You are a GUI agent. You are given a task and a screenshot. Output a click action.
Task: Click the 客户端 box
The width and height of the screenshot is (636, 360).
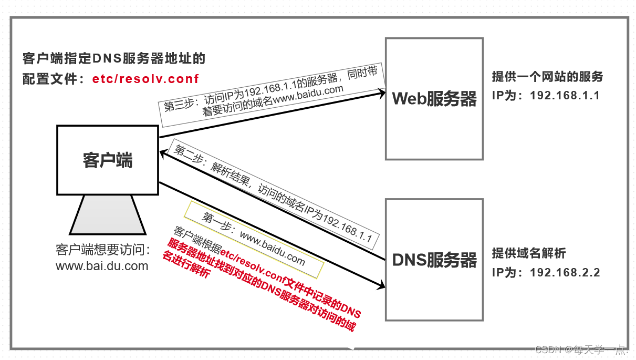[x=108, y=160]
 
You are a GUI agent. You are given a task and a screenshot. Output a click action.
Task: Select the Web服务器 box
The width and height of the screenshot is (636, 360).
[x=434, y=98]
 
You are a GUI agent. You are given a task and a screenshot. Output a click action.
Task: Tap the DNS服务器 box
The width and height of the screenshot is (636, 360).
[x=434, y=260]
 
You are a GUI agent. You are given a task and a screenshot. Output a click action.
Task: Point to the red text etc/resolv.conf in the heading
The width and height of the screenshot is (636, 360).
[x=145, y=79]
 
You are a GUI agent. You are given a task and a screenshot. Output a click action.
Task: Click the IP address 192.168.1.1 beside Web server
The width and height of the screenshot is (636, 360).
[x=565, y=96]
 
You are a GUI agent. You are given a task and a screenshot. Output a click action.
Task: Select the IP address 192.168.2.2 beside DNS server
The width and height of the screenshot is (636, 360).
[x=565, y=272]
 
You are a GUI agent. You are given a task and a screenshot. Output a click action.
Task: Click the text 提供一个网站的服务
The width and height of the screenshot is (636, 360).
[x=547, y=77]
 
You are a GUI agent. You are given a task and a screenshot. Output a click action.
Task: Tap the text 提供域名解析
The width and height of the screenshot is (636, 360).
[x=528, y=253]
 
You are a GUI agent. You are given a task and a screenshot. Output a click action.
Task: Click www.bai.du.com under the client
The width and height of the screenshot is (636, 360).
[x=102, y=266]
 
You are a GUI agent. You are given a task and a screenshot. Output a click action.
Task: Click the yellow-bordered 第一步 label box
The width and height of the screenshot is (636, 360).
[x=254, y=239]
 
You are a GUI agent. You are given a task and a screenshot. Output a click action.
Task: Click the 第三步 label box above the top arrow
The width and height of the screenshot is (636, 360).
[x=272, y=95]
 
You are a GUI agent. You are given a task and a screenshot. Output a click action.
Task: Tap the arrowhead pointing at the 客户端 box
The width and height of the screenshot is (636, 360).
[x=164, y=151]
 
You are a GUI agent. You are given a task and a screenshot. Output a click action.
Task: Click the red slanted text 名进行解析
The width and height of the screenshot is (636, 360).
[x=186, y=266]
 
